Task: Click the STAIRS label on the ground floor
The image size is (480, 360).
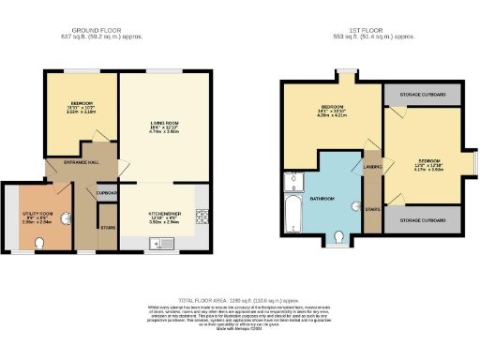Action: (108, 227)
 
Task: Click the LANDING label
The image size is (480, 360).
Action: (371, 169)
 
